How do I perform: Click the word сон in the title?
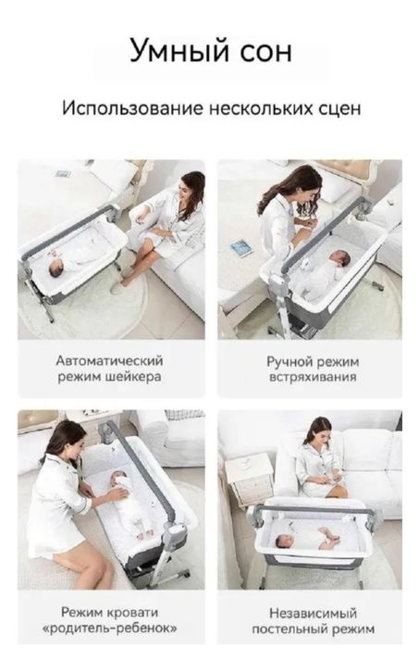[x=262, y=50]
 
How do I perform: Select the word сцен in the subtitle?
[x=338, y=108]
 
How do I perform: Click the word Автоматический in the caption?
[x=109, y=360]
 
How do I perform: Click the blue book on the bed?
[x=241, y=247]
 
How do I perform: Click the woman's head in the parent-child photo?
[x=61, y=435]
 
